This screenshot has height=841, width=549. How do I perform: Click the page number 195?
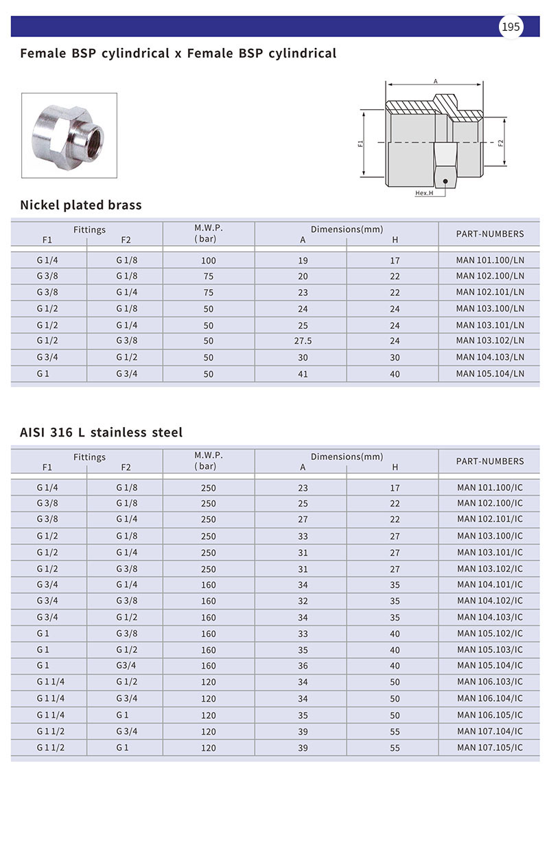click(x=511, y=27)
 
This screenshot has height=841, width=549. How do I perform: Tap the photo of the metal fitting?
click(x=69, y=126)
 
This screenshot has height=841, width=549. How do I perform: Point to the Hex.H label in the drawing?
click(x=424, y=193)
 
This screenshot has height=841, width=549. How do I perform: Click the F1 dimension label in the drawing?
click(x=361, y=143)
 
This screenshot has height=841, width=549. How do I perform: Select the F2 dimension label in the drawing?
click(x=501, y=143)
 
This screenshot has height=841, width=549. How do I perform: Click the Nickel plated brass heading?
click(x=81, y=205)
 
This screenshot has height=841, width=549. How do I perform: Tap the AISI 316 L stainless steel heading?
click(x=102, y=432)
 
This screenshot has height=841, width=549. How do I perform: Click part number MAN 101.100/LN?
click(x=490, y=260)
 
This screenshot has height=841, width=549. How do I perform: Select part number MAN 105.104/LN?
click(x=490, y=373)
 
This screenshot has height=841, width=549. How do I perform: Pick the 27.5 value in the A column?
click(x=303, y=341)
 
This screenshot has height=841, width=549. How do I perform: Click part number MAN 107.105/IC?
click(x=490, y=748)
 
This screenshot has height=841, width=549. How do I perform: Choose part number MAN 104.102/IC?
click(x=490, y=601)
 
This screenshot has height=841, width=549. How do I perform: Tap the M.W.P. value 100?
click(x=209, y=261)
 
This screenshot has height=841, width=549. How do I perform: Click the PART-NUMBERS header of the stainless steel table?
click(x=490, y=461)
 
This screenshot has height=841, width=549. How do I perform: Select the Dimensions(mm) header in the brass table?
click(x=347, y=229)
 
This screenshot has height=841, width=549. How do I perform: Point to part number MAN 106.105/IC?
click(x=490, y=715)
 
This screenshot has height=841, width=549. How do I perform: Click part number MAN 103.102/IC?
click(x=490, y=568)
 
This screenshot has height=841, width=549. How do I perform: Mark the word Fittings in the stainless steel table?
click(x=90, y=457)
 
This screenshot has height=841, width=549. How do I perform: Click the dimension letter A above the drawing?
click(x=436, y=80)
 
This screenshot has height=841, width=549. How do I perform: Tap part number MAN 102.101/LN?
click(x=490, y=292)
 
